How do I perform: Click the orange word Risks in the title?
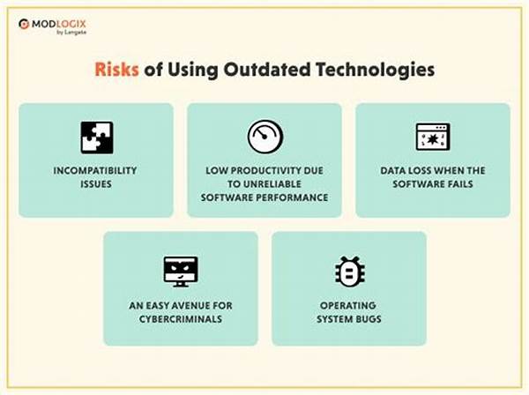116,70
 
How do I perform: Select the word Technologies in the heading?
376,71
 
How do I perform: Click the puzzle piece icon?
97,138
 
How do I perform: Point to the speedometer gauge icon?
264,137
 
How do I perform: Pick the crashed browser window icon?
433,137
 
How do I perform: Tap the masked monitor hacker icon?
181,272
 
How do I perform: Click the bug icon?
349,272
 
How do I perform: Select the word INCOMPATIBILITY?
95,171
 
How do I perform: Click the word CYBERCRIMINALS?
181,319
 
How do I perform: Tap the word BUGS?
367,319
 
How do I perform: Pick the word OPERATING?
348,306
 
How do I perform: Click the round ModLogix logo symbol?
24,24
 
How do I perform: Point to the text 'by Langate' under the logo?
71,33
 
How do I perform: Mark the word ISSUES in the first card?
96,184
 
